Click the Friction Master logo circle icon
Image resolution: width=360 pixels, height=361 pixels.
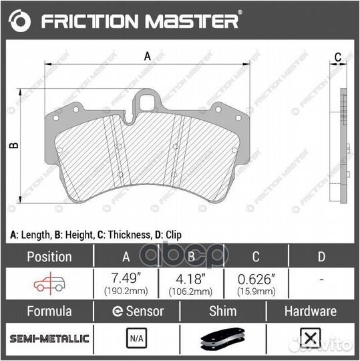22,21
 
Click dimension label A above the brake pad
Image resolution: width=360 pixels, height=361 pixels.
148,57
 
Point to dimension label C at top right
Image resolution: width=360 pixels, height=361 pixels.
338,57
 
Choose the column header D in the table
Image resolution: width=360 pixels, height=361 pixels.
321,256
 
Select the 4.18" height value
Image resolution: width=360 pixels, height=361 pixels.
191,278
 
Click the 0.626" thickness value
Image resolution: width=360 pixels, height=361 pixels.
256,278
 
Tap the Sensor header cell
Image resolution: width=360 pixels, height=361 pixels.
138,312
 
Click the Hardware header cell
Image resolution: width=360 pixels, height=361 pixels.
311,312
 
